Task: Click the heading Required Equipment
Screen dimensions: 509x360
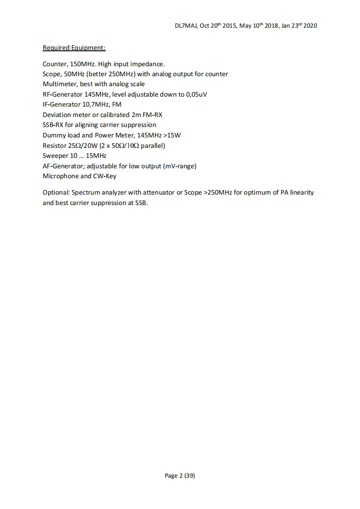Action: pyautogui.click(x=74, y=48)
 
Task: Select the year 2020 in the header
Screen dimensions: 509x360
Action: pyautogui.click(x=310, y=25)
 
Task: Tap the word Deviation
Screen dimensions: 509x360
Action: pyautogui.click(x=57, y=115)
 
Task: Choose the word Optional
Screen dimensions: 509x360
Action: pyautogui.click(x=56, y=192)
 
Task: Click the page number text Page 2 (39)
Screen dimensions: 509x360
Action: pyautogui.click(x=180, y=475)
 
